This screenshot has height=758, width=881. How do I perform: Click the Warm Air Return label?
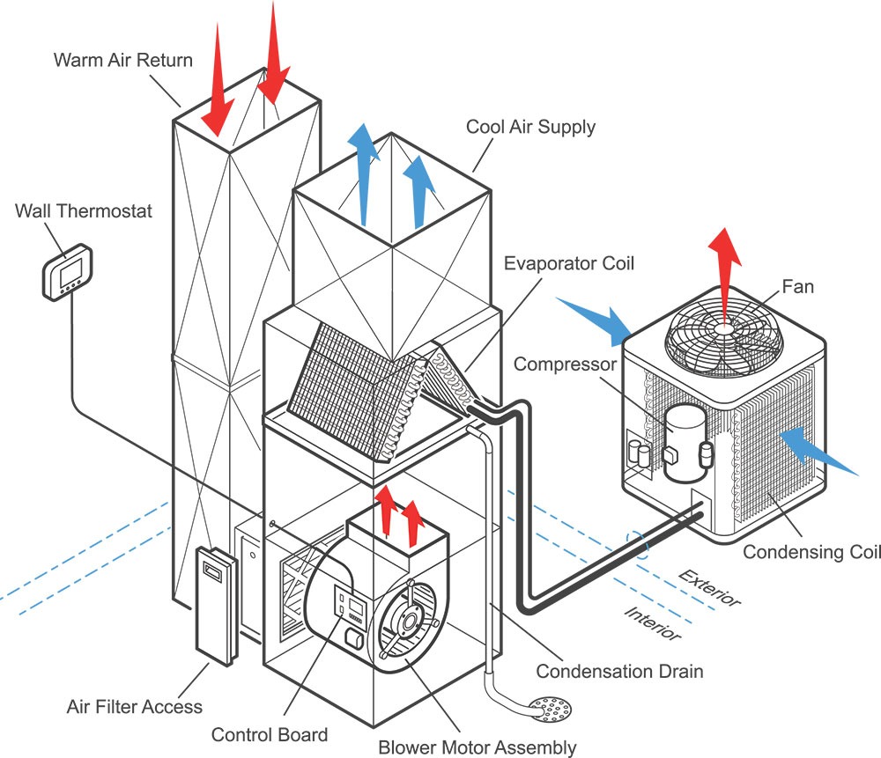[122, 61]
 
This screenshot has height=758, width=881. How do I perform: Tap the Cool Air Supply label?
[530, 127]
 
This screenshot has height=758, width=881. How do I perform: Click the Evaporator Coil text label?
[568, 263]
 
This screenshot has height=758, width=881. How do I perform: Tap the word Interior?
[652, 622]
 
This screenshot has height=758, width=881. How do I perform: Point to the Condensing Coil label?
[811, 552]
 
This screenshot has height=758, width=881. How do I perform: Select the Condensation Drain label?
[619, 672]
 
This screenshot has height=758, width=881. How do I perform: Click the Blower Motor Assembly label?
[477, 747]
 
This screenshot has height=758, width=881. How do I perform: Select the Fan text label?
[797, 287]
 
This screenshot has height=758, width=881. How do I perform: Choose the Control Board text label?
[269, 734]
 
